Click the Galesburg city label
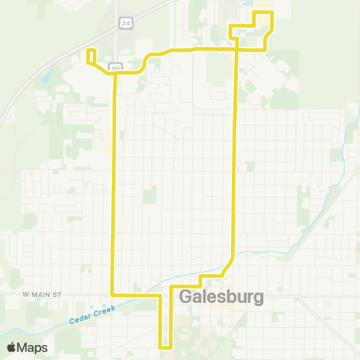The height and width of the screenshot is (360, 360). [222, 298]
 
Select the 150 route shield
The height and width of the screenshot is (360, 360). [115, 67]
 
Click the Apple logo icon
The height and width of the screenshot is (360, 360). [12, 347]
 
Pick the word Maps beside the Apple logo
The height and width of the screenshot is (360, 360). [33, 347]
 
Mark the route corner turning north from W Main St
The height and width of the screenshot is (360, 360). [113, 294]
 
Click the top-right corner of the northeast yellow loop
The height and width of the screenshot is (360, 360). [271, 13]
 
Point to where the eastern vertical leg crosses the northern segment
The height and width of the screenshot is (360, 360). [237, 49]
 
